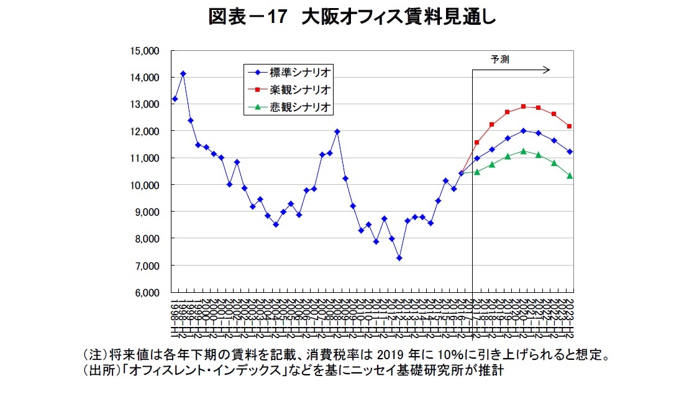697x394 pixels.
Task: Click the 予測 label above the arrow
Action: point(499,60)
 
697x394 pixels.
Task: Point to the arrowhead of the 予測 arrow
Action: point(548,69)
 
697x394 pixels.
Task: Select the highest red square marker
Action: point(523,107)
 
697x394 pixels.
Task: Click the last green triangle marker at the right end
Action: point(570,176)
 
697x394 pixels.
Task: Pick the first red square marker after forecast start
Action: point(477,143)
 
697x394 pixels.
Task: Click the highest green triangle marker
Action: point(523,151)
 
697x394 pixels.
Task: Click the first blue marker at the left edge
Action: point(175,99)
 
